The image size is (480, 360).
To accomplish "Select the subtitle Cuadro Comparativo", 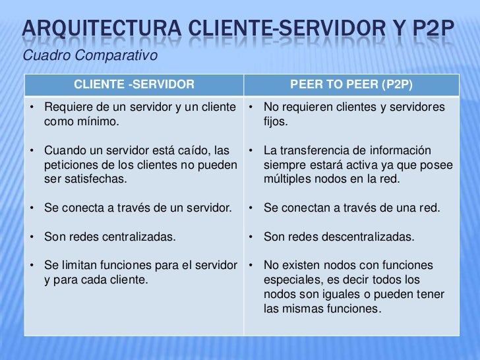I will [90, 55].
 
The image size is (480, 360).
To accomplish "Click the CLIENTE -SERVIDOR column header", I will [134, 84].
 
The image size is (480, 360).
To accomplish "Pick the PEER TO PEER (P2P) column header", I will [351, 84].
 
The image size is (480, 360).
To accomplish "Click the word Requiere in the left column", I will [66, 107].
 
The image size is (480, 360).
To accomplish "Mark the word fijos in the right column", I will [275, 122].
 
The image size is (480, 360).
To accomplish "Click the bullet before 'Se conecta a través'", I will [32, 208].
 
